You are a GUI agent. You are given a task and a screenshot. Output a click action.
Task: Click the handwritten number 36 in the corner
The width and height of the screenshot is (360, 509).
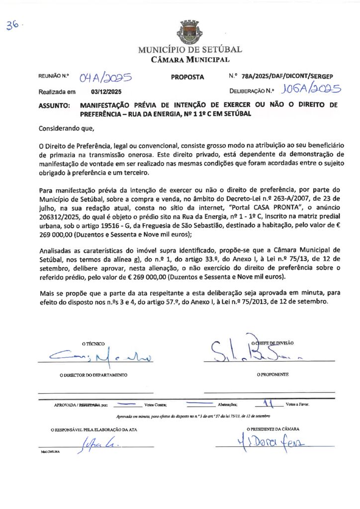13,26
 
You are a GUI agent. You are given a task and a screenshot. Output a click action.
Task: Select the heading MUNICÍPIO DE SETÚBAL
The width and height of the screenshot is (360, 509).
189,50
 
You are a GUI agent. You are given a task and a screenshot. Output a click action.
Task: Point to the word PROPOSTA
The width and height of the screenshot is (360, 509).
187,77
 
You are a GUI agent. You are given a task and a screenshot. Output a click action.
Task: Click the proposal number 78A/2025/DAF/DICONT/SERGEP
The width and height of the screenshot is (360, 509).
287,77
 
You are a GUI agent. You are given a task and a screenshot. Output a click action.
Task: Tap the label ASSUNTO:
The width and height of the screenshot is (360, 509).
54,106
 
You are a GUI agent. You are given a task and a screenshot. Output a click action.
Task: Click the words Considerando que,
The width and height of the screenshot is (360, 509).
66,128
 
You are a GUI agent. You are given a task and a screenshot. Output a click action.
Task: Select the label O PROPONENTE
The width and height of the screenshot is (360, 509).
272,374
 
